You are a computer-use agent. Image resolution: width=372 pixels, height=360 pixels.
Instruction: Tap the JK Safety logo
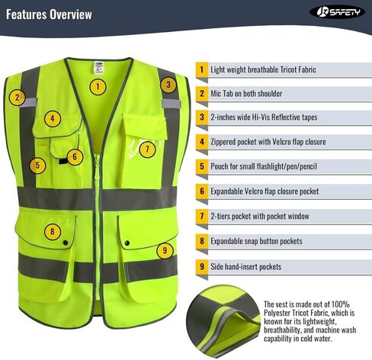(336, 12)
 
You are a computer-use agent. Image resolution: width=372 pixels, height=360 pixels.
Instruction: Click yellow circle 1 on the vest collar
(97, 86)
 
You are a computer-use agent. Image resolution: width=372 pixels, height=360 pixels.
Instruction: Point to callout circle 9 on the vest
(164, 249)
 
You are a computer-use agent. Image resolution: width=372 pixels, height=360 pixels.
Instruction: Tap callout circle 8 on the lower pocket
(53, 231)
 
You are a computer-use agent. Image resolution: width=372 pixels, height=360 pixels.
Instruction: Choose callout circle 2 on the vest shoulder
(17, 98)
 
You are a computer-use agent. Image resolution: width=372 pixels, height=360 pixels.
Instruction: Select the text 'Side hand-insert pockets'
(245, 267)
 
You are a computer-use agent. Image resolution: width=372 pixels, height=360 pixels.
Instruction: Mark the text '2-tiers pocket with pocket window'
(259, 217)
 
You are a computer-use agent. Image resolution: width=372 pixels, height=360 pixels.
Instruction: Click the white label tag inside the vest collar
(95, 66)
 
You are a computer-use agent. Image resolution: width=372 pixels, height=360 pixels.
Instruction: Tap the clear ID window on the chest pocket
(144, 148)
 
